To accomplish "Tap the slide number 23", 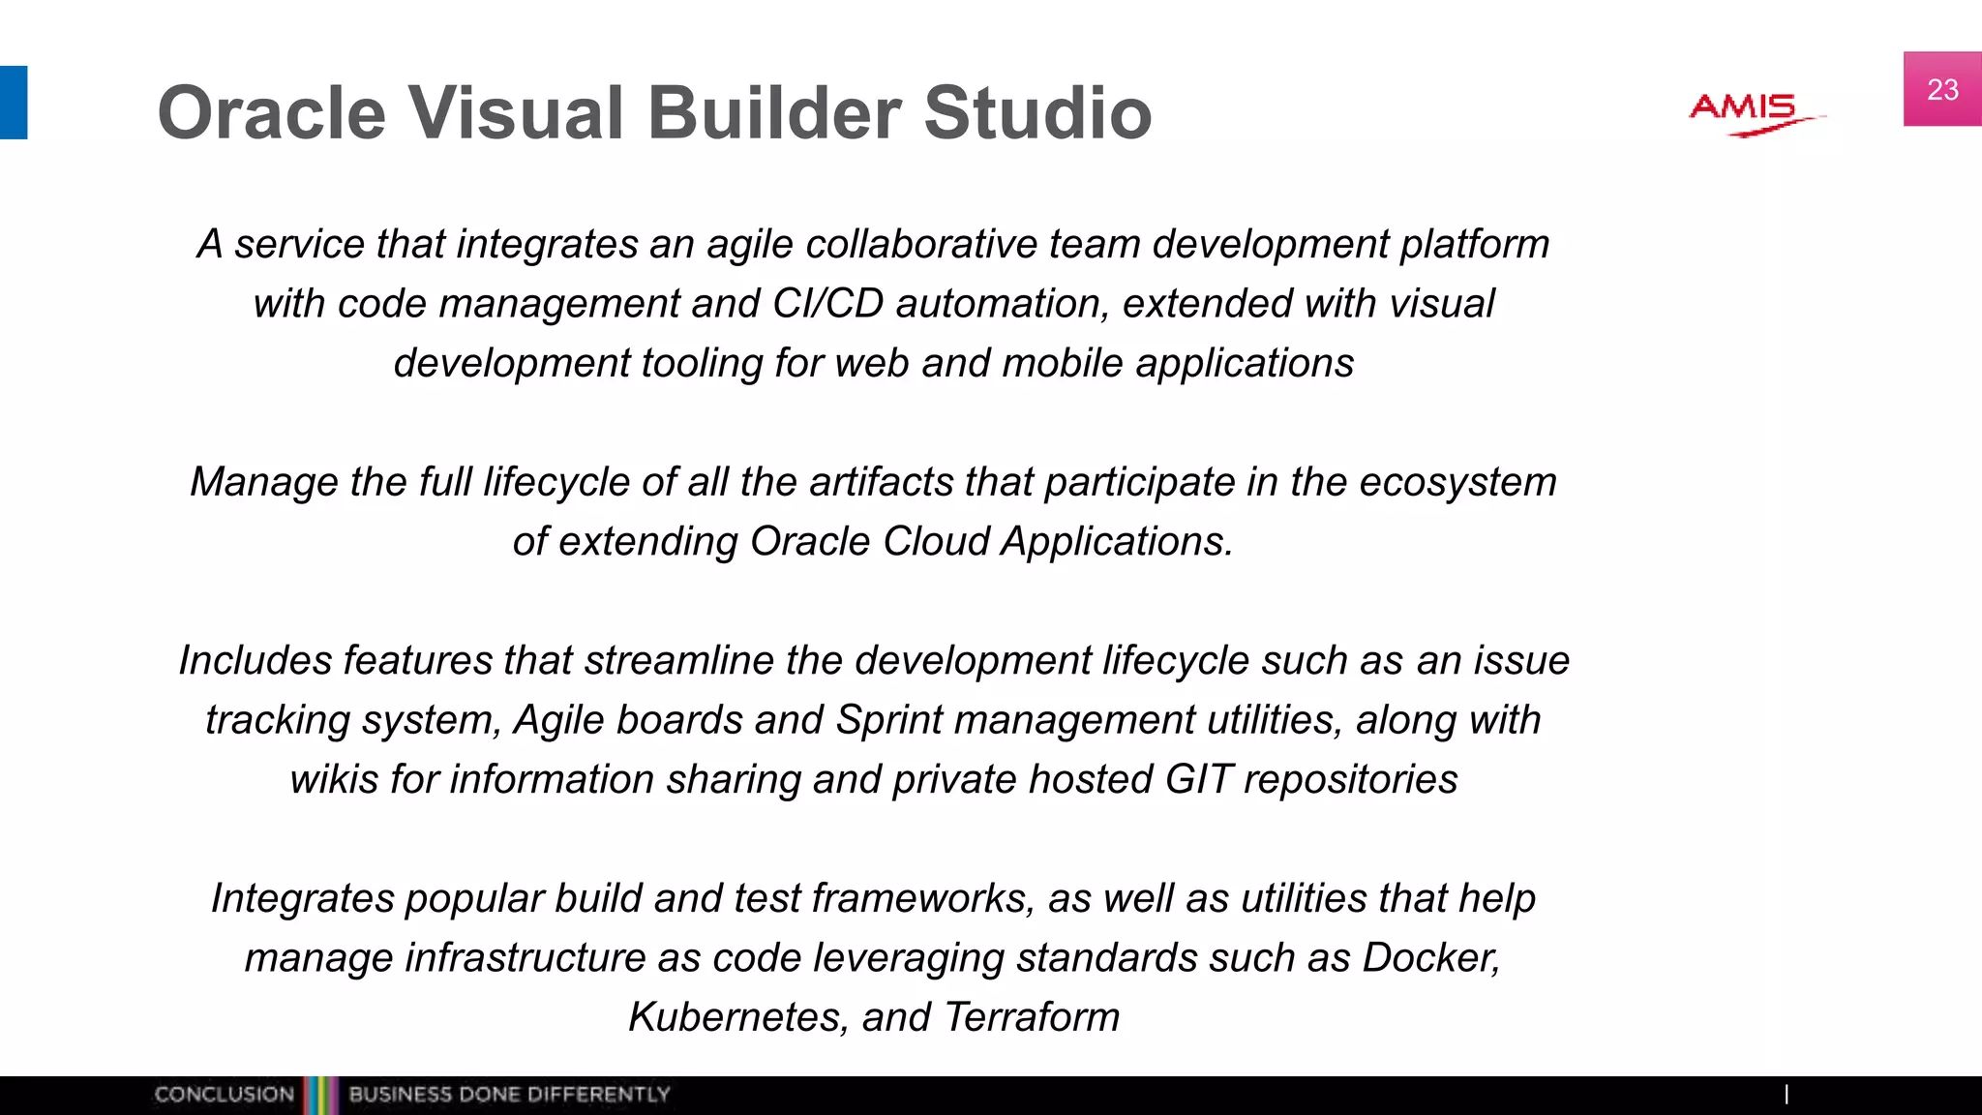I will [x=1942, y=90].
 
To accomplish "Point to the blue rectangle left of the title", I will [x=14, y=103].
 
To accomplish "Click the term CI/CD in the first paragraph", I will [x=827, y=304].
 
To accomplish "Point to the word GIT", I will [x=1198, y=780].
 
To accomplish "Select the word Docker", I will [x=1430, y=958].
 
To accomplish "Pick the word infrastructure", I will [x=525, y=958].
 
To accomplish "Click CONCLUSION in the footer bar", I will [x=224, y=1095].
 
